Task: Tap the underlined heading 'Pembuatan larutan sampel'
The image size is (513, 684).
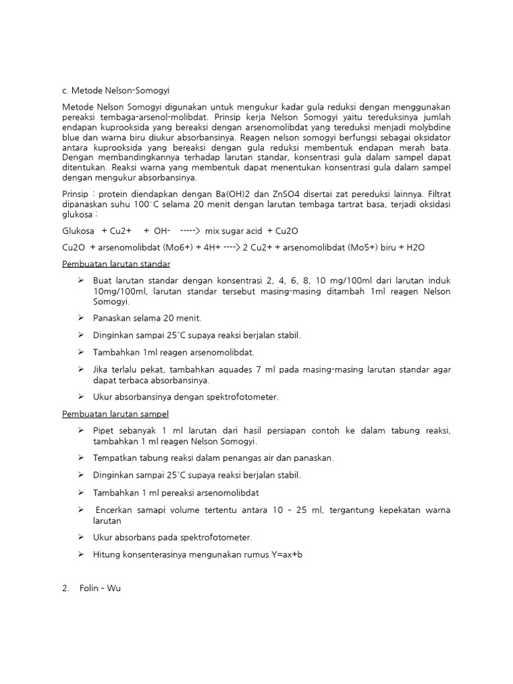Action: point(115,413)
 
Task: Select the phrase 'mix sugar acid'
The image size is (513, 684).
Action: point(233,230)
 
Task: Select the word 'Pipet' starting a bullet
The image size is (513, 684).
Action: point(105,431)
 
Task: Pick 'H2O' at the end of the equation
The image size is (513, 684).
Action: point(412,247)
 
